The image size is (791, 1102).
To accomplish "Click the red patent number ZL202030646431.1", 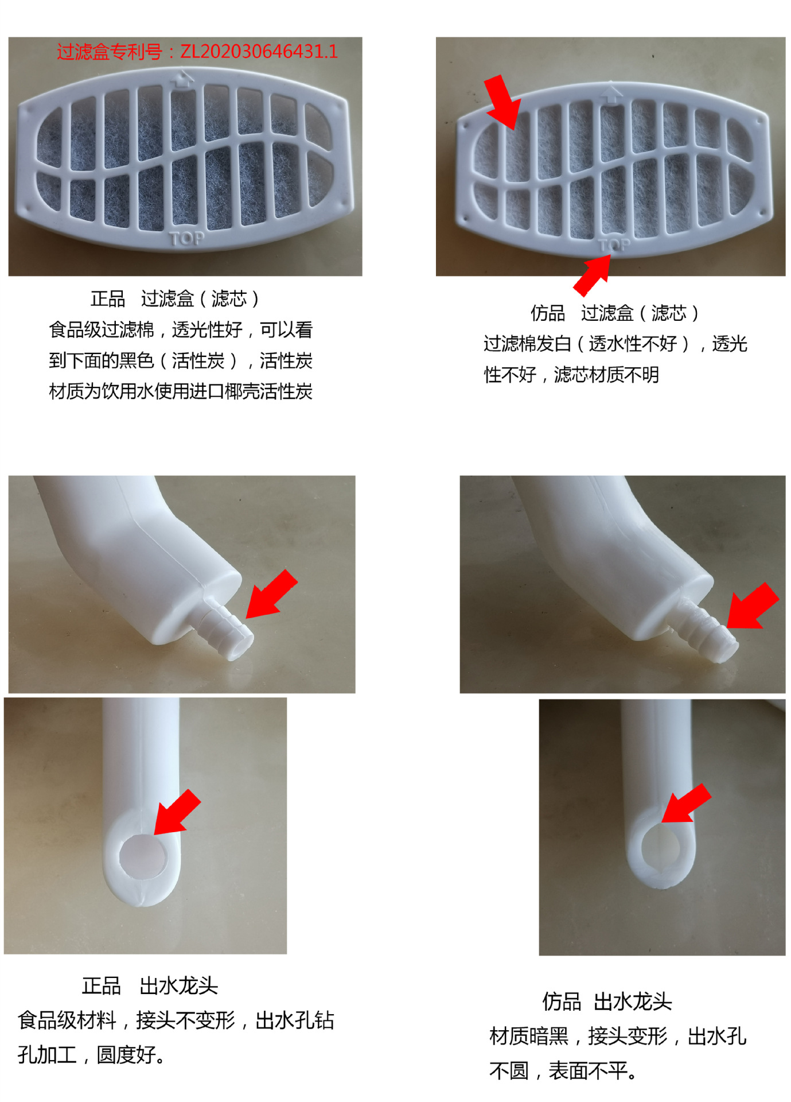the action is tap(259, 52).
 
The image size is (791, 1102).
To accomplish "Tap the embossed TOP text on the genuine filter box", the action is tap(187, 238).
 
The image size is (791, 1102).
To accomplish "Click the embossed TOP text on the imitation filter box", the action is tap(614, 245).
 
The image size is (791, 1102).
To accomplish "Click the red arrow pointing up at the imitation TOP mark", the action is tap(593, 275).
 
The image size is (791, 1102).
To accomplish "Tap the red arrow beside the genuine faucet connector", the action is tap(271, 594).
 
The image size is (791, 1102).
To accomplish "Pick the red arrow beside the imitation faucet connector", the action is tap(753, 606).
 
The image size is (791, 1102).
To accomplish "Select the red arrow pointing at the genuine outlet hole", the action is tap(177, 812).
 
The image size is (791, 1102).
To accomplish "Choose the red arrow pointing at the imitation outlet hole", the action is tap(687, 803).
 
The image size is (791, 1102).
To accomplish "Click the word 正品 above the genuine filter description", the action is tap(108, 298).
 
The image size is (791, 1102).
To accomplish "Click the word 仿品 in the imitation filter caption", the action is tap(548, 313).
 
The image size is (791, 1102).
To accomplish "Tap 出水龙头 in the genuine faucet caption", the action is tap(179, 985).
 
